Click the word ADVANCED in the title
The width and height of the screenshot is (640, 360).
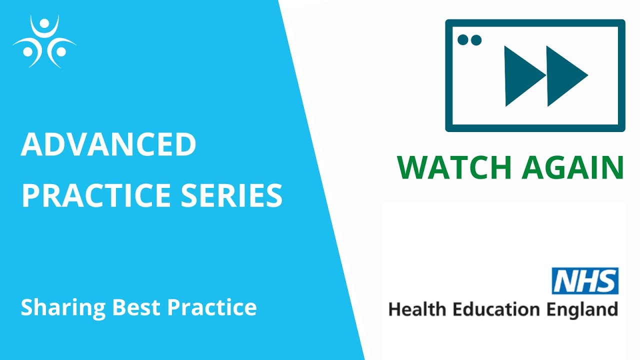[x=108, y=144]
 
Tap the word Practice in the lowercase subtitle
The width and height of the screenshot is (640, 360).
[x=212, y=306]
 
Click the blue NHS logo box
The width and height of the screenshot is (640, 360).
[x=585, y=281]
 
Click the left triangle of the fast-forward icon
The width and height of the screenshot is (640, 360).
[x=522, y=76]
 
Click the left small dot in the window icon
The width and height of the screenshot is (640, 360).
[x=462, y=40]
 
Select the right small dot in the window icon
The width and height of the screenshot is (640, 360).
[x=476, y=40]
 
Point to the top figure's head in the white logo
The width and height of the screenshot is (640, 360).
[x=44, y=24]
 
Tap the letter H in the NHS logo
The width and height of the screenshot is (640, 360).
[x=585, y=281]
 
